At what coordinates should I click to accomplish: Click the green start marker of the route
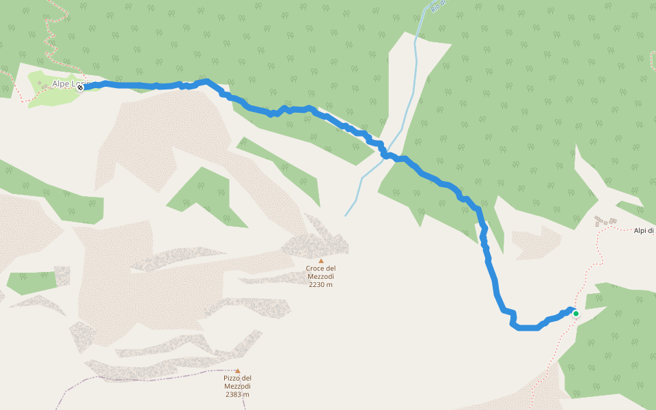click(575, 314)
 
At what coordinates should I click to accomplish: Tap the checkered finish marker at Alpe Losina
click(80, 87)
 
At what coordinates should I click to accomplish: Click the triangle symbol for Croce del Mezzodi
click(320, 260)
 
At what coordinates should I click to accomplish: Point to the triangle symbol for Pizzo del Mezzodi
click(237, 370)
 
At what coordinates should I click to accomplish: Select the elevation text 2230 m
click(320, 284)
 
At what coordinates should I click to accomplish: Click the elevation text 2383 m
click(236, 394)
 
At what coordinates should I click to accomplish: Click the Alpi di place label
click(644, 231)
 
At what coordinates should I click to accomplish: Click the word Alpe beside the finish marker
click(61, 84)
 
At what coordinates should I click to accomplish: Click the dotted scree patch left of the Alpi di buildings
click(536, 243)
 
